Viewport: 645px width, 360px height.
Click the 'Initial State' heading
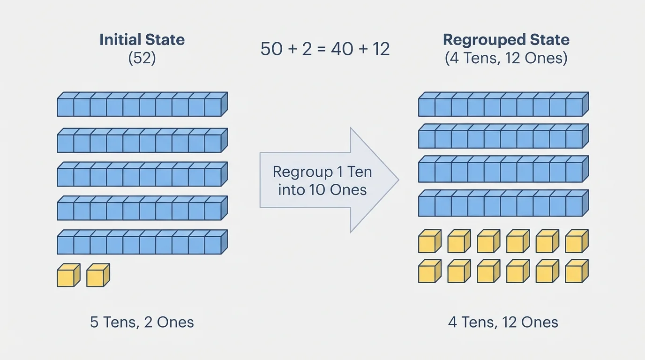pos(142,39)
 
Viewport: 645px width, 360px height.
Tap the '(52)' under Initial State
pos(142,59)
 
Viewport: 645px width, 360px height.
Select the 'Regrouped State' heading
pos(506,39)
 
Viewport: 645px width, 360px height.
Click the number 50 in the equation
pos(271,49)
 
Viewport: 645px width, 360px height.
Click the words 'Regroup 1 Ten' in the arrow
pos(322,172)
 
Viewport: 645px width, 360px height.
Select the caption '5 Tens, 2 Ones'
pos(142,322)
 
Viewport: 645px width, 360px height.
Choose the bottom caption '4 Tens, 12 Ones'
pos(503,322)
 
